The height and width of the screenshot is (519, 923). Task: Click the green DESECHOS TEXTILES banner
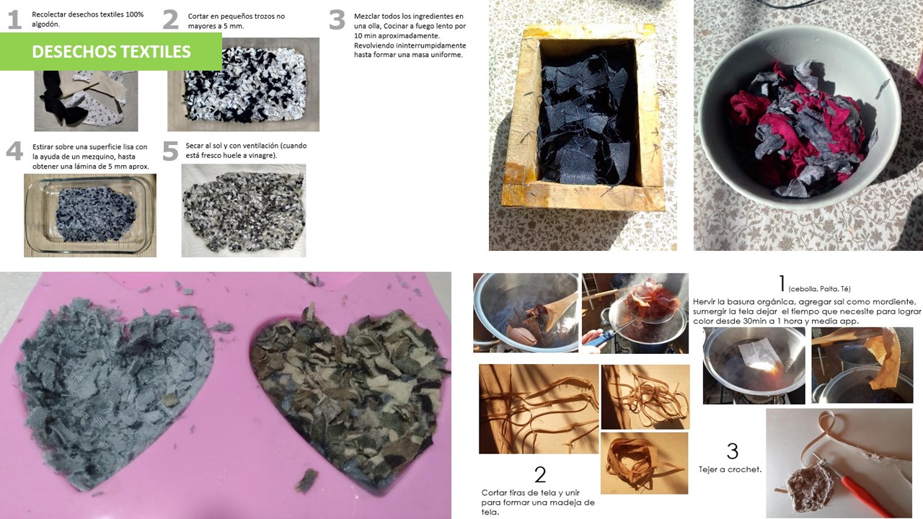click(x=111, y=51)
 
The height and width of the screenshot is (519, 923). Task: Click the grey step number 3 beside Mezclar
click(x=337, y=20)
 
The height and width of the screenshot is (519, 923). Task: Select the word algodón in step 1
click(x=45, y=25)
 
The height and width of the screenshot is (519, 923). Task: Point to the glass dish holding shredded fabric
click(x=90, y=215)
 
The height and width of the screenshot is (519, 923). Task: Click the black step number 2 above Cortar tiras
click(x=540, y=475)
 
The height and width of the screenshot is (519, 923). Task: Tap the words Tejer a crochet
click(x=730, y=469)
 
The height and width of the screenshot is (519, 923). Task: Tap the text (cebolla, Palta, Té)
click(x=819, y=289)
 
